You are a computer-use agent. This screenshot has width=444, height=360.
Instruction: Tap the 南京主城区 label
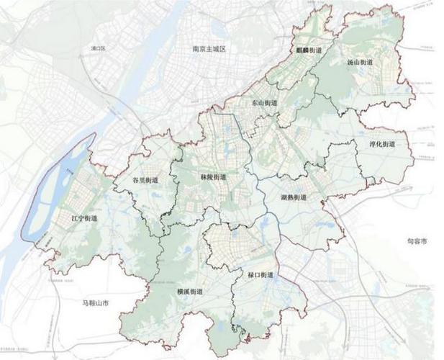coord(209,49)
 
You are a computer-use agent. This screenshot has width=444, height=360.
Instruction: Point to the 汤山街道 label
coord(359,62)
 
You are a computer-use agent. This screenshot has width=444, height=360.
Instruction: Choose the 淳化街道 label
coord(382,143)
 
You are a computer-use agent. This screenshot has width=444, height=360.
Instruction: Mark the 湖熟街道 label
coord(294,197)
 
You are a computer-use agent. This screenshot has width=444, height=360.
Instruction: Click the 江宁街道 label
coord(84,217)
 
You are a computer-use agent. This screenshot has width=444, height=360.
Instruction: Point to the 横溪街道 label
coord(189,292)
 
